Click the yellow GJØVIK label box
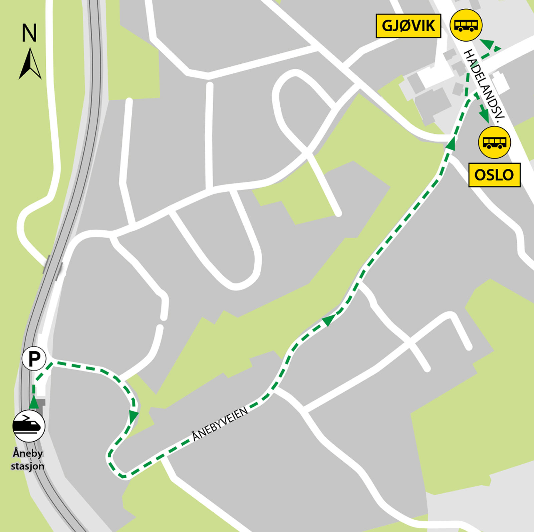[x=408, y=26]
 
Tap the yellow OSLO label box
[x=494, y=175]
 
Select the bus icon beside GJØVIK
[x=466, y=25]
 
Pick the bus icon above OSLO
[x=494, y=142]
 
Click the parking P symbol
[x=34, y=359]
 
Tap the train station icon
[x=29, y=426]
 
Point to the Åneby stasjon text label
[x=28, y=460]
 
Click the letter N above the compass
[x=29, y=33]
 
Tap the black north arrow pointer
[x=30, y=64]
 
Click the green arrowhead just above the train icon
[x=34, y=403]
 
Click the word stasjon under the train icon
[x=28, y=466]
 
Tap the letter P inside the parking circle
[x=34, y=359]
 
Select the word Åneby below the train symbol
[x=28, y=453]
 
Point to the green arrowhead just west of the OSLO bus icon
[x=451, y=144]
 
